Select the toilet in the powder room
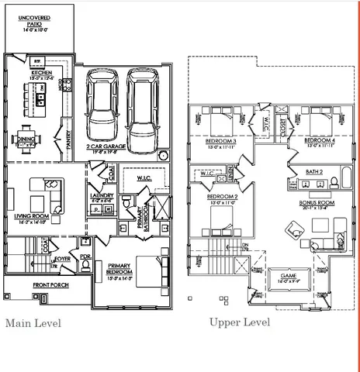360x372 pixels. (86, 266)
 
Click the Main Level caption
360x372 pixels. (33, 322)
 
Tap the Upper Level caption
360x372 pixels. (240, 322)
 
